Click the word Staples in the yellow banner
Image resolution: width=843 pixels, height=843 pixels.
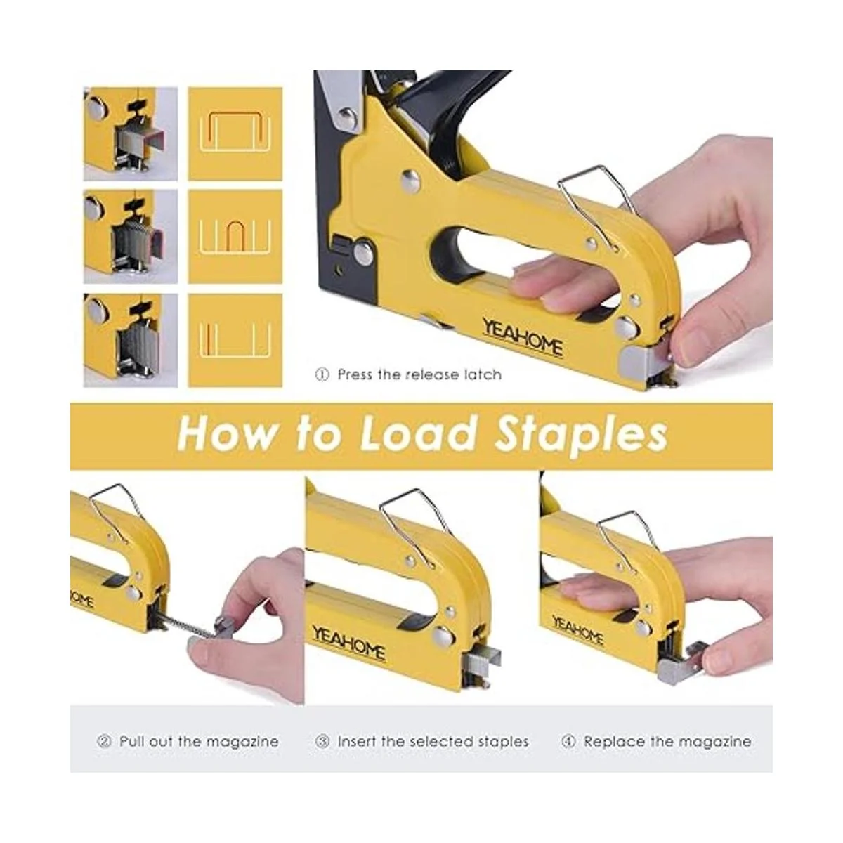(580, 436)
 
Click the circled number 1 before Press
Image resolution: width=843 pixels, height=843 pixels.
(322, 374)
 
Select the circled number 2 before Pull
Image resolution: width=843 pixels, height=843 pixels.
(104, 742)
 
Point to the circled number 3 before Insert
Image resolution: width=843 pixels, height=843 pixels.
(322, 742)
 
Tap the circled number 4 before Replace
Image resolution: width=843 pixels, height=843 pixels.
(568, 742)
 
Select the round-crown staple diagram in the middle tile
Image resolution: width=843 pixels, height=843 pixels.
(235, 236)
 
